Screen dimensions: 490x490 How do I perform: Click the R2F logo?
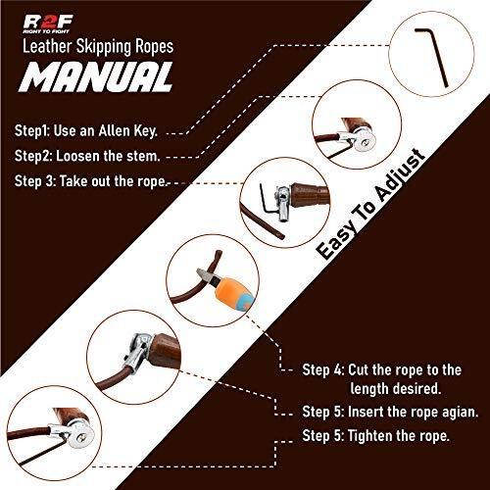(48, 24)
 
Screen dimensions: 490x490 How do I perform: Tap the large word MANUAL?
(96, 77)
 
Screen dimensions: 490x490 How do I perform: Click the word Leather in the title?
(47, 46)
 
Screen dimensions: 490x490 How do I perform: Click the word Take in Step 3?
(73, 181)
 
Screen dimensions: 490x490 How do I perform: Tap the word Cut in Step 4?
(359, 370)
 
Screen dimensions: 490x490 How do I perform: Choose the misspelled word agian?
(461, 413)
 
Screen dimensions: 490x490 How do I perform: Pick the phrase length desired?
(396, 389)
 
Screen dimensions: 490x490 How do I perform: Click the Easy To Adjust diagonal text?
(371, 204)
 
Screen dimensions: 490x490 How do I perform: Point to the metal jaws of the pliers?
(206, 277)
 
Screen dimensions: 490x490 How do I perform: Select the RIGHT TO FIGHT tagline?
(46, 31)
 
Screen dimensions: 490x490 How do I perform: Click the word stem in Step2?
(144, 157)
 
